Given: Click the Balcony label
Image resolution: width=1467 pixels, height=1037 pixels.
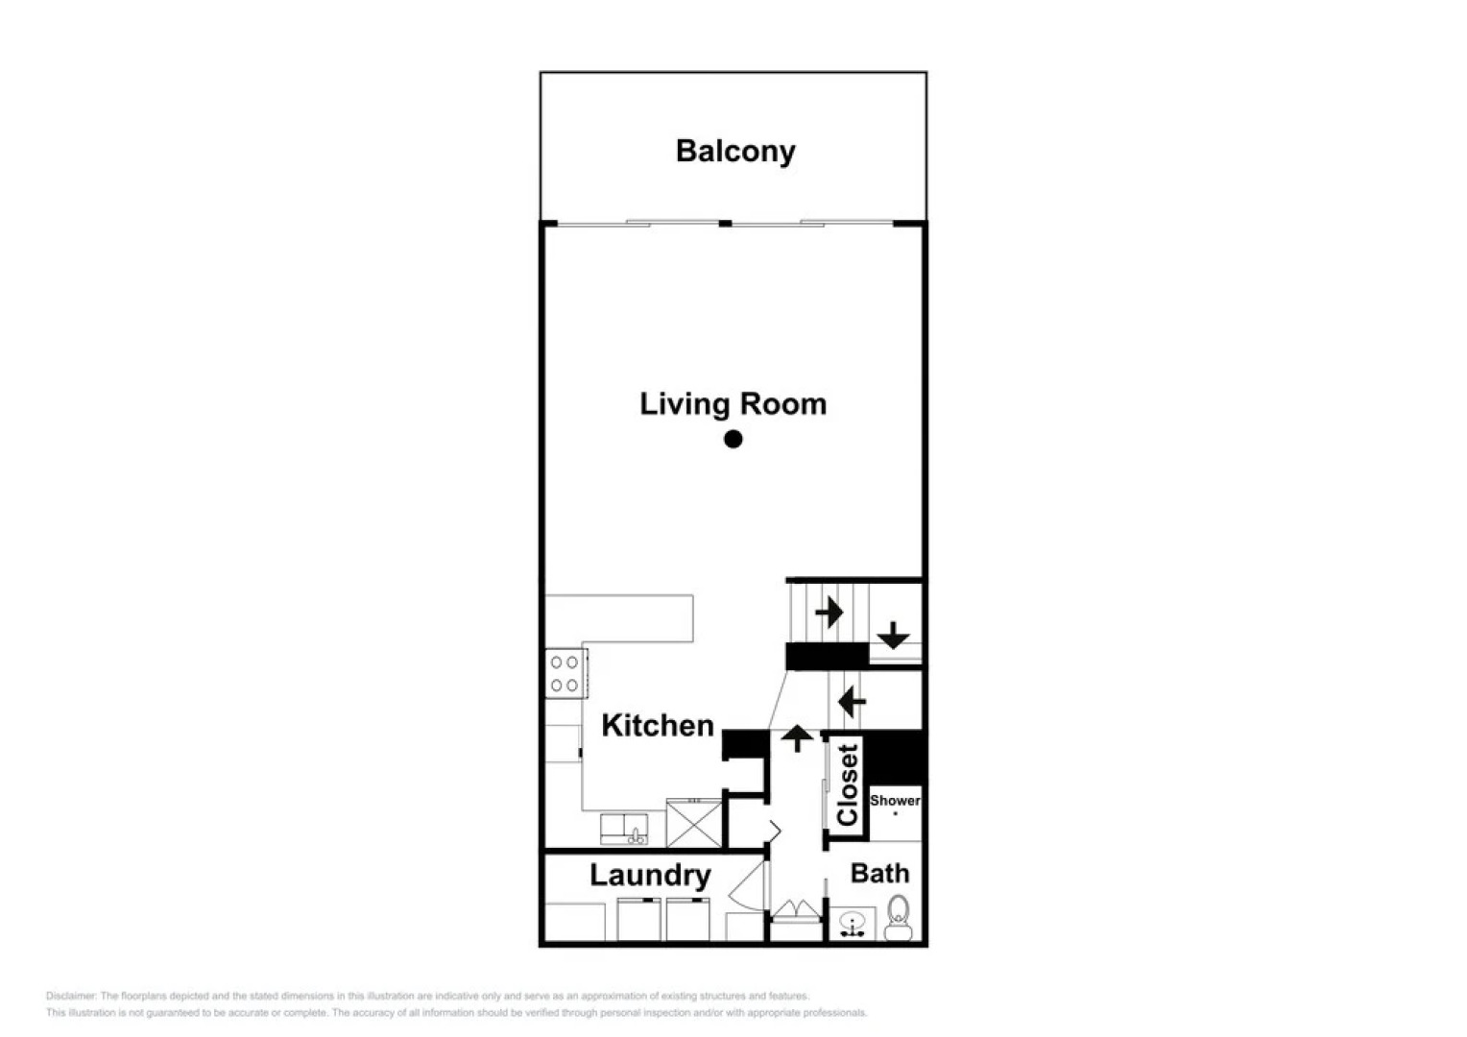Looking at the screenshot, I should point(735,152).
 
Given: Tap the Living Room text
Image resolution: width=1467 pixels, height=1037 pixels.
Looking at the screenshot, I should point(733,404).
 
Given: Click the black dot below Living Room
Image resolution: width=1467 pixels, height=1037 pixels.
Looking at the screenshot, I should point(733,439).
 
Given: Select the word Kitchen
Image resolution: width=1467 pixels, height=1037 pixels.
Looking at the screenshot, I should point(658,725).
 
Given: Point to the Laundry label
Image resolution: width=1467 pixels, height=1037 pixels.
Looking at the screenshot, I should point(650,875).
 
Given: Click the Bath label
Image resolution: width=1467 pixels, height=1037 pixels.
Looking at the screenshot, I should point(879,873).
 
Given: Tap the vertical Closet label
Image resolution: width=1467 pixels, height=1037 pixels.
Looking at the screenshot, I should point(847,784).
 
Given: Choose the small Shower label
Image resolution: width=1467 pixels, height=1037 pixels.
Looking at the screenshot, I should point(895,800).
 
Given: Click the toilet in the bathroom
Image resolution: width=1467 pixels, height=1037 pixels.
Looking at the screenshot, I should point(899,917).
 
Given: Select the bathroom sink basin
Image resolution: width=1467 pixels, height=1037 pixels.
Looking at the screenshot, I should point(852,924).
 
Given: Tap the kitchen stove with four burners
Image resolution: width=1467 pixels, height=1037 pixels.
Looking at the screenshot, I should point(565,672).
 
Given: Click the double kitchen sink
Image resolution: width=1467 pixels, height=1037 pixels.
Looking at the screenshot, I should point(624,828).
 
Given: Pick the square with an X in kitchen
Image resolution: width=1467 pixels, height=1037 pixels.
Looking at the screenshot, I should point(694,823).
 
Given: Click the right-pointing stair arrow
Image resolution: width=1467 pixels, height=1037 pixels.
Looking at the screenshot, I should point(829,612).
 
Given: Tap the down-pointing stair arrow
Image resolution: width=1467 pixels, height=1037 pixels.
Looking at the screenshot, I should point(893,635).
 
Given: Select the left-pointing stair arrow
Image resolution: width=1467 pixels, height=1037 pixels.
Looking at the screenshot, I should point(852,702).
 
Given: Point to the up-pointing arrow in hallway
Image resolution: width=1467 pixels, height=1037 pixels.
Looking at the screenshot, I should point(796,737).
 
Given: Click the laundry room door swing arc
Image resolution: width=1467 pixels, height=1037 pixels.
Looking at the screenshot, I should point(747,883).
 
